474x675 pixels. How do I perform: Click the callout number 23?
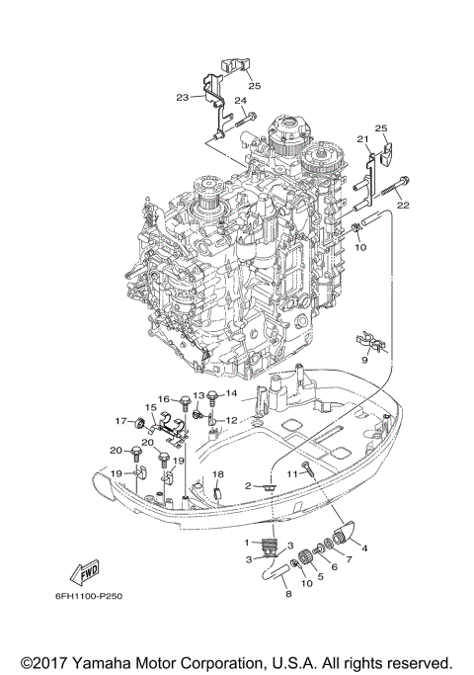(182, 97)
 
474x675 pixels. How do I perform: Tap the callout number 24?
(240, 101)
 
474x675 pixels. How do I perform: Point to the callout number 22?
(403, 206)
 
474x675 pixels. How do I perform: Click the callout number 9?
(364, 362)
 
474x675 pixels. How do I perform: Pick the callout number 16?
(165, 399)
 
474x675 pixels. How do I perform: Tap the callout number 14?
(231, 394)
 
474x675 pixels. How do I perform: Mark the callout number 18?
(219, 474)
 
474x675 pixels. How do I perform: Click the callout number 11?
(292, 474)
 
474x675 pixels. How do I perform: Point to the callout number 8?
(287, 594)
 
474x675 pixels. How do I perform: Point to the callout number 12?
(230, 421)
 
